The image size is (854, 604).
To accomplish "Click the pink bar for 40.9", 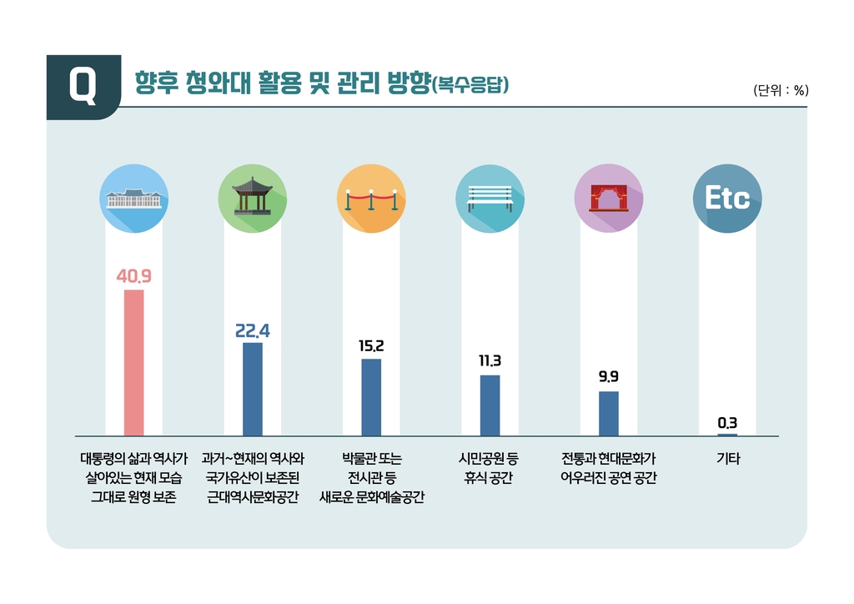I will [133, 362].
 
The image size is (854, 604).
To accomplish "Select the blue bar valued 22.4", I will [252, 389].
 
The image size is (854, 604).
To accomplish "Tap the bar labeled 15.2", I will [371, 397].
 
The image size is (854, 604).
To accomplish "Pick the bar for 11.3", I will [490, 405].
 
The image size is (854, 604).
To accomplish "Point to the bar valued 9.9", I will [609, 413].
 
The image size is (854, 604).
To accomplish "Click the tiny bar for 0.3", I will [727, 435].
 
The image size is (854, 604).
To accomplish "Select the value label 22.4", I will [252, 330].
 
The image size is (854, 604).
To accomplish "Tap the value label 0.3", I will [727, 423].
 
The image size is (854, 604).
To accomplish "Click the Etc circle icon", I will [727, 199].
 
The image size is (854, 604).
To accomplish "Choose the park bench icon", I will [490, 199].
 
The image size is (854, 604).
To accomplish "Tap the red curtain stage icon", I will [609, 199].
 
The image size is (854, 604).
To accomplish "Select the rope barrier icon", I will [371, 199].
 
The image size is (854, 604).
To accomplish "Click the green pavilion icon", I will [252, 199].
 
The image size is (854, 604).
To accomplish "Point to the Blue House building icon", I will [133, 199].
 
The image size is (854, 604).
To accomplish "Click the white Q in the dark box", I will [83, 86].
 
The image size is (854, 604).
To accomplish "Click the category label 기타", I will [727, 459].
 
